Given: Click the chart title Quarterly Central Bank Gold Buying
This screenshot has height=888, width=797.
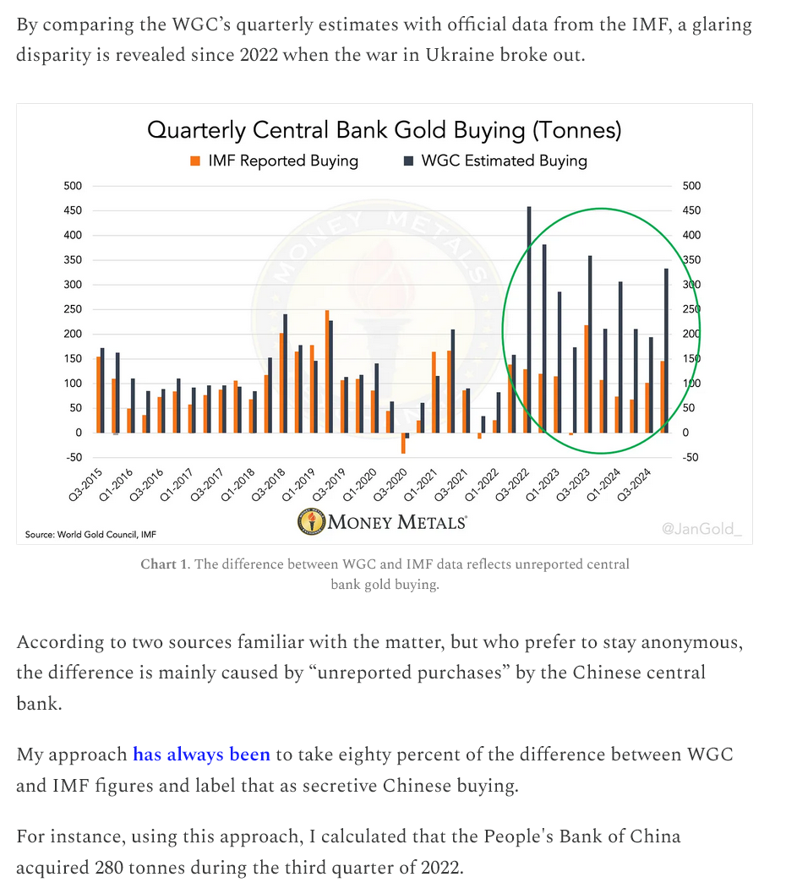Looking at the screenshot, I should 384,130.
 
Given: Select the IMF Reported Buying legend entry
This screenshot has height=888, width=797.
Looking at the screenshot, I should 276,161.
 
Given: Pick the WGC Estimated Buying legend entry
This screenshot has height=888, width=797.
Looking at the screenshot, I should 495,161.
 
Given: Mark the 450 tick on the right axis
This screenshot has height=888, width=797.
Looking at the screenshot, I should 691,210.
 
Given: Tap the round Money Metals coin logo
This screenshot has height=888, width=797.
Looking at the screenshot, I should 311,522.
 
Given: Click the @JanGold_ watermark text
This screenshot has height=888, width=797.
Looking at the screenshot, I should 701,528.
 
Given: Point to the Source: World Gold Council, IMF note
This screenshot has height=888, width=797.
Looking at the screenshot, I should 90,534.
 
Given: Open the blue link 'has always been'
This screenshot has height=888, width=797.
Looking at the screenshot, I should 201,755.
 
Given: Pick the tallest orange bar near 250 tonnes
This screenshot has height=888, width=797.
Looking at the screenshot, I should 326,371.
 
